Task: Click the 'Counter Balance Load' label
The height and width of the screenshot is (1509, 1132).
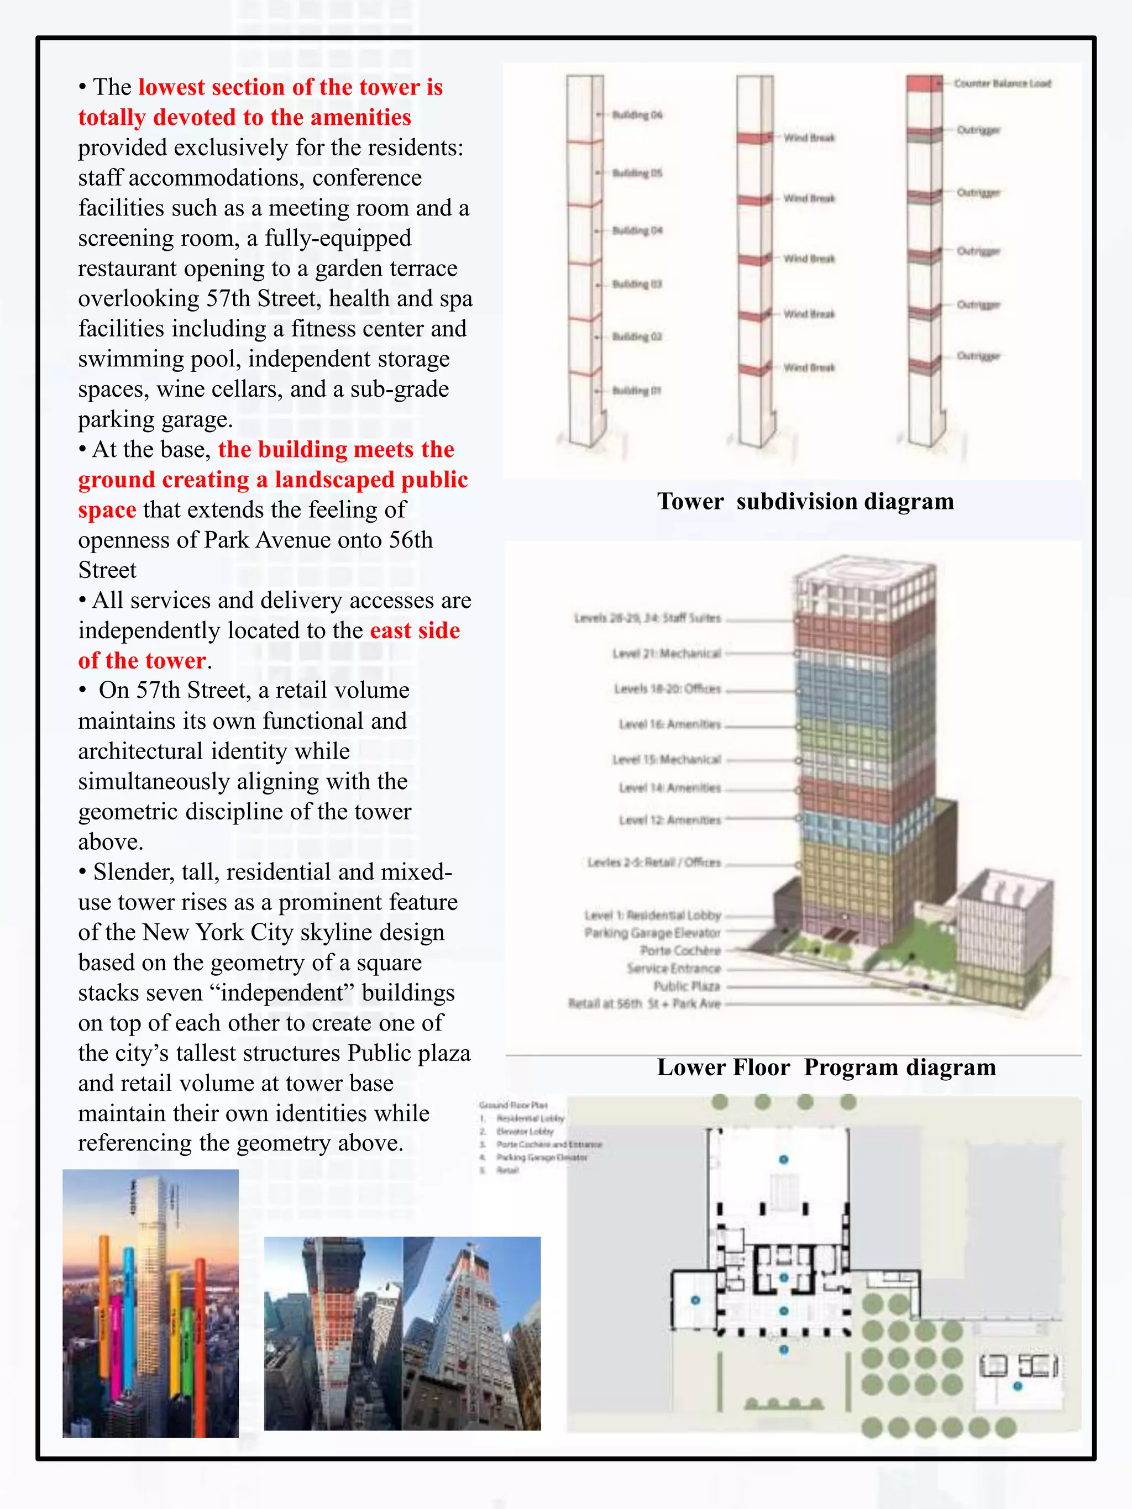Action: (1002, 83)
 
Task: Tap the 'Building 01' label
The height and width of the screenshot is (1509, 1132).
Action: (636, 391)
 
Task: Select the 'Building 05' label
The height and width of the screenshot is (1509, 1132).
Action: (637, 173)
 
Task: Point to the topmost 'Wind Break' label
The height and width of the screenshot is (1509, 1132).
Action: (809, 138)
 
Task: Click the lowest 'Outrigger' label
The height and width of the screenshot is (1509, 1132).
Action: (978, 356)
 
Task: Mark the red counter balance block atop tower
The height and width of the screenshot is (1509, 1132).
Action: (924, 84)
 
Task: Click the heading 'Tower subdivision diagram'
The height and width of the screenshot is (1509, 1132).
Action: (805, 501)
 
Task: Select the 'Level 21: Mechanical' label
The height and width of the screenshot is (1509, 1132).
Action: (666, 654)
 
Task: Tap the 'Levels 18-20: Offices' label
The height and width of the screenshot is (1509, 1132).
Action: (667, 689)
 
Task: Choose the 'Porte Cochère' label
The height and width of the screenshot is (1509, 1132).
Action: (680, 950)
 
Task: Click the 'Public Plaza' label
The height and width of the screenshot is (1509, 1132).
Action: (686, 986)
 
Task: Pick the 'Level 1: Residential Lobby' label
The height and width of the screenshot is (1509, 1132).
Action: (652, 915)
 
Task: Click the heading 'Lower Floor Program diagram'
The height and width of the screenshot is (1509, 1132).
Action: (826, 1068)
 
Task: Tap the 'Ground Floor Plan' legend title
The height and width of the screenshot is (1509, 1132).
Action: (513, 1105)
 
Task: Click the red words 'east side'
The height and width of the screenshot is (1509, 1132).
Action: (415, 630)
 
